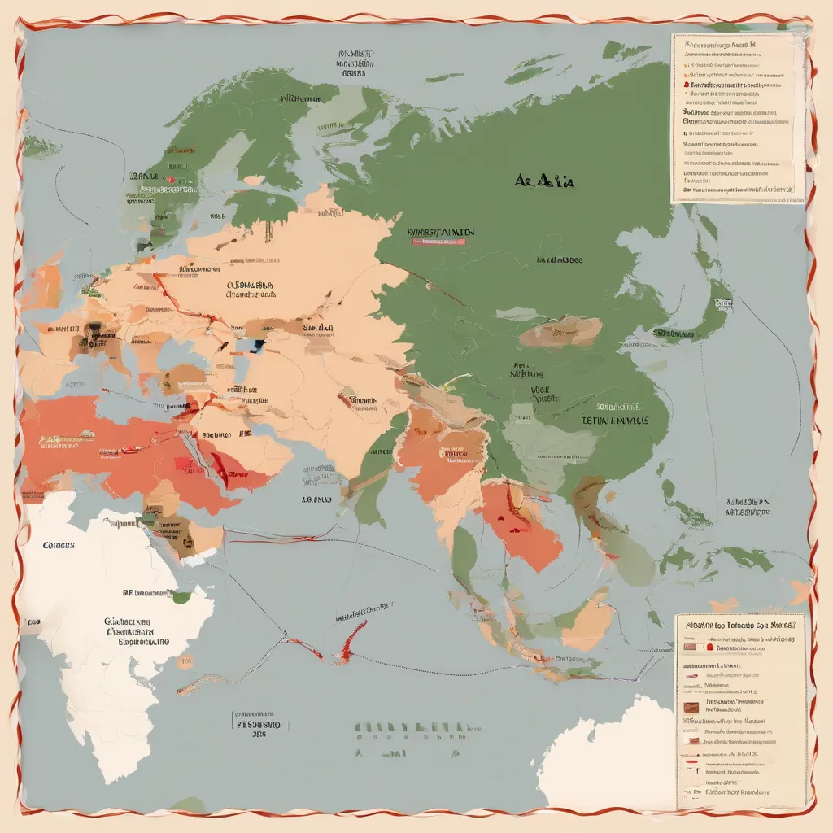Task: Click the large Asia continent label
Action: click(544, 180)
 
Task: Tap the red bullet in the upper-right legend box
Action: click(686, 84)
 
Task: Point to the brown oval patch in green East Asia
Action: click(560, 331)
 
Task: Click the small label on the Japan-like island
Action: click(721, 303)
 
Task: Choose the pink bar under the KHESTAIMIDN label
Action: click(440, 242)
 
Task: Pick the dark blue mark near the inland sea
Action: click(258, 345)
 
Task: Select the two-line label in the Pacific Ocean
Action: click(750, 508)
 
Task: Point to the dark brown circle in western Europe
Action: click(93, 331)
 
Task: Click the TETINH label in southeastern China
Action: click(615, 421)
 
